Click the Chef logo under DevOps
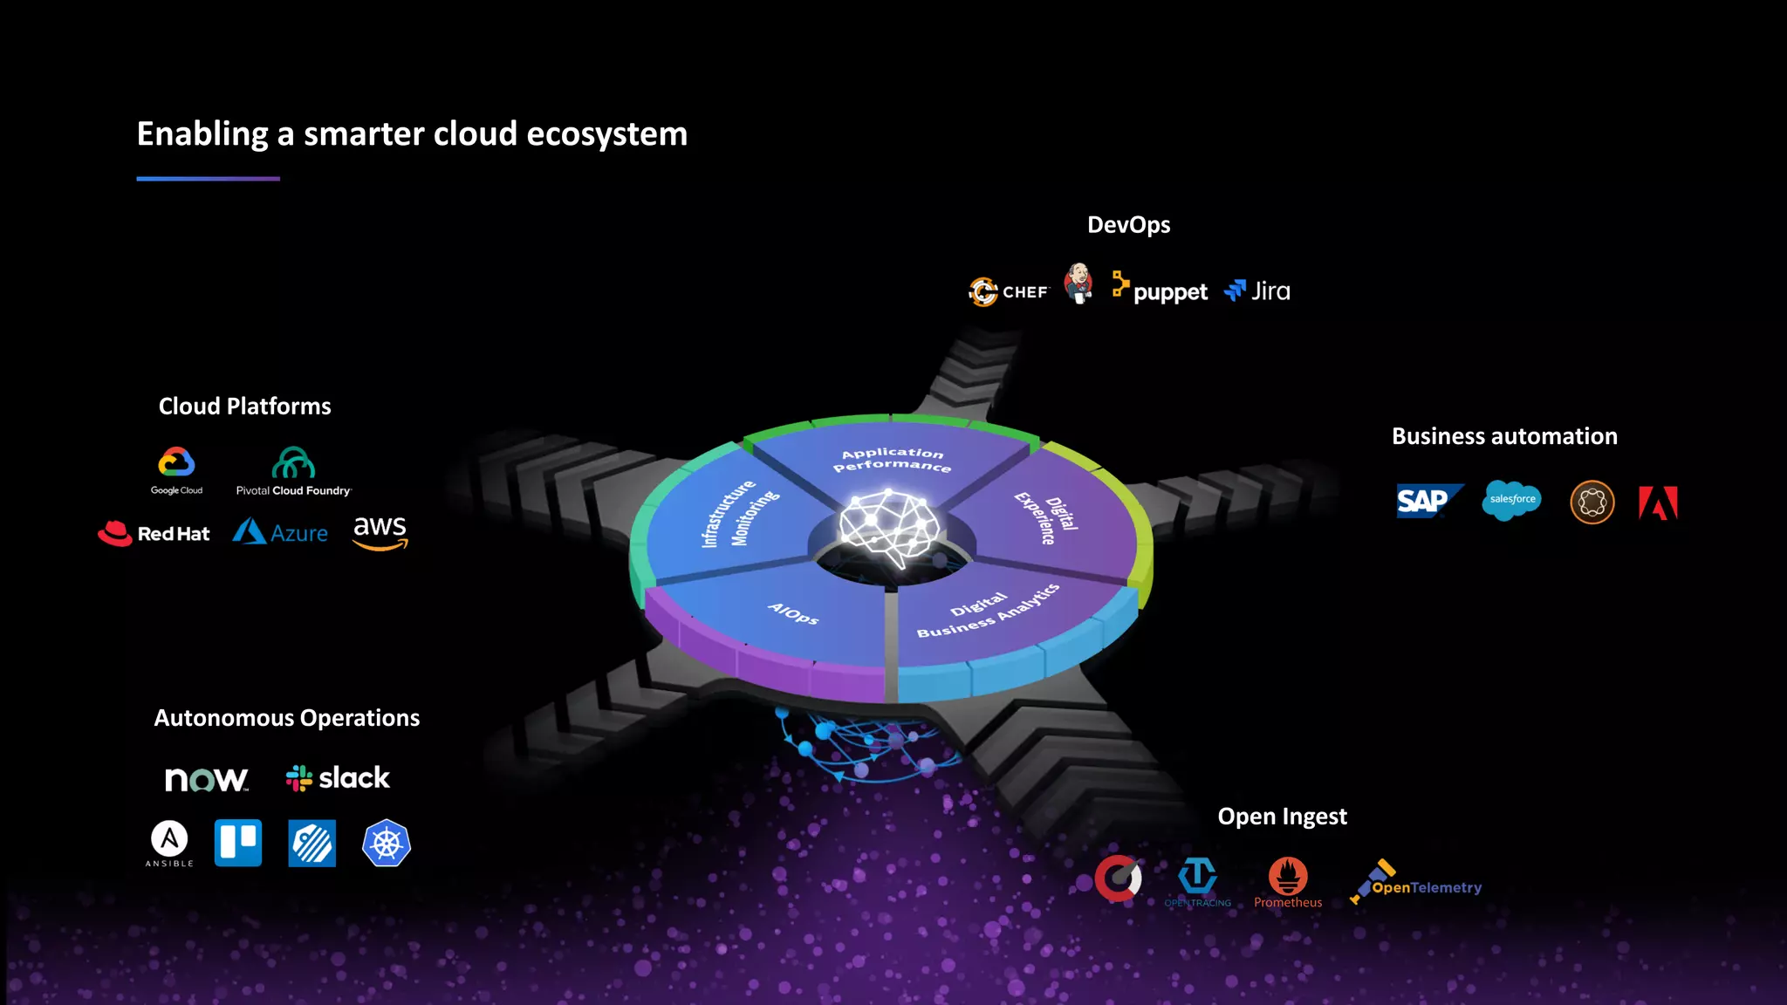[1009, 291]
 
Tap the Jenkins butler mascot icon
[1079, 284]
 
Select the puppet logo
[1161, 290]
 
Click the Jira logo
[1257, 291]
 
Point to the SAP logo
[1428, 501]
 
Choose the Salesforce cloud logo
[1511, 500]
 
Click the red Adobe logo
[1658, 502]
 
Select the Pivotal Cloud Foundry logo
[293, 472]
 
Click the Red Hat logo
[154, 533]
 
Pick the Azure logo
[280, 531]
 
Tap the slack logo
[338, 777]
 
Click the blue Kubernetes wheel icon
[387, 843]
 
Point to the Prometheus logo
[1288, 882]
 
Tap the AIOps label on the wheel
[793, 613]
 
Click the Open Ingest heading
[1282, 817]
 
